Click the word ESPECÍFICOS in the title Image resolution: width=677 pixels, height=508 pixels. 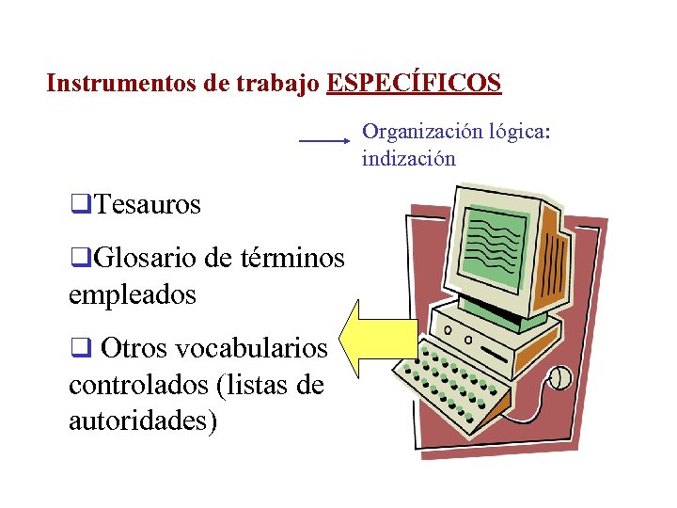[414, 84]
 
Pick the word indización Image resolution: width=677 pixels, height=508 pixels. [408, 158]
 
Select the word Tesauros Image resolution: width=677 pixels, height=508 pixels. [148, 204]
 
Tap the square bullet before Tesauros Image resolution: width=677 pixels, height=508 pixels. [80, 204]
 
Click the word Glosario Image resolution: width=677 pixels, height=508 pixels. [140, 257]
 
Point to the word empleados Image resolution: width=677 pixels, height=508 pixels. [132, 294]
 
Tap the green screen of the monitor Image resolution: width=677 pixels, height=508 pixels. [497, 243]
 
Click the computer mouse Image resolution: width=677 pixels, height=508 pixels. [560, 378]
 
